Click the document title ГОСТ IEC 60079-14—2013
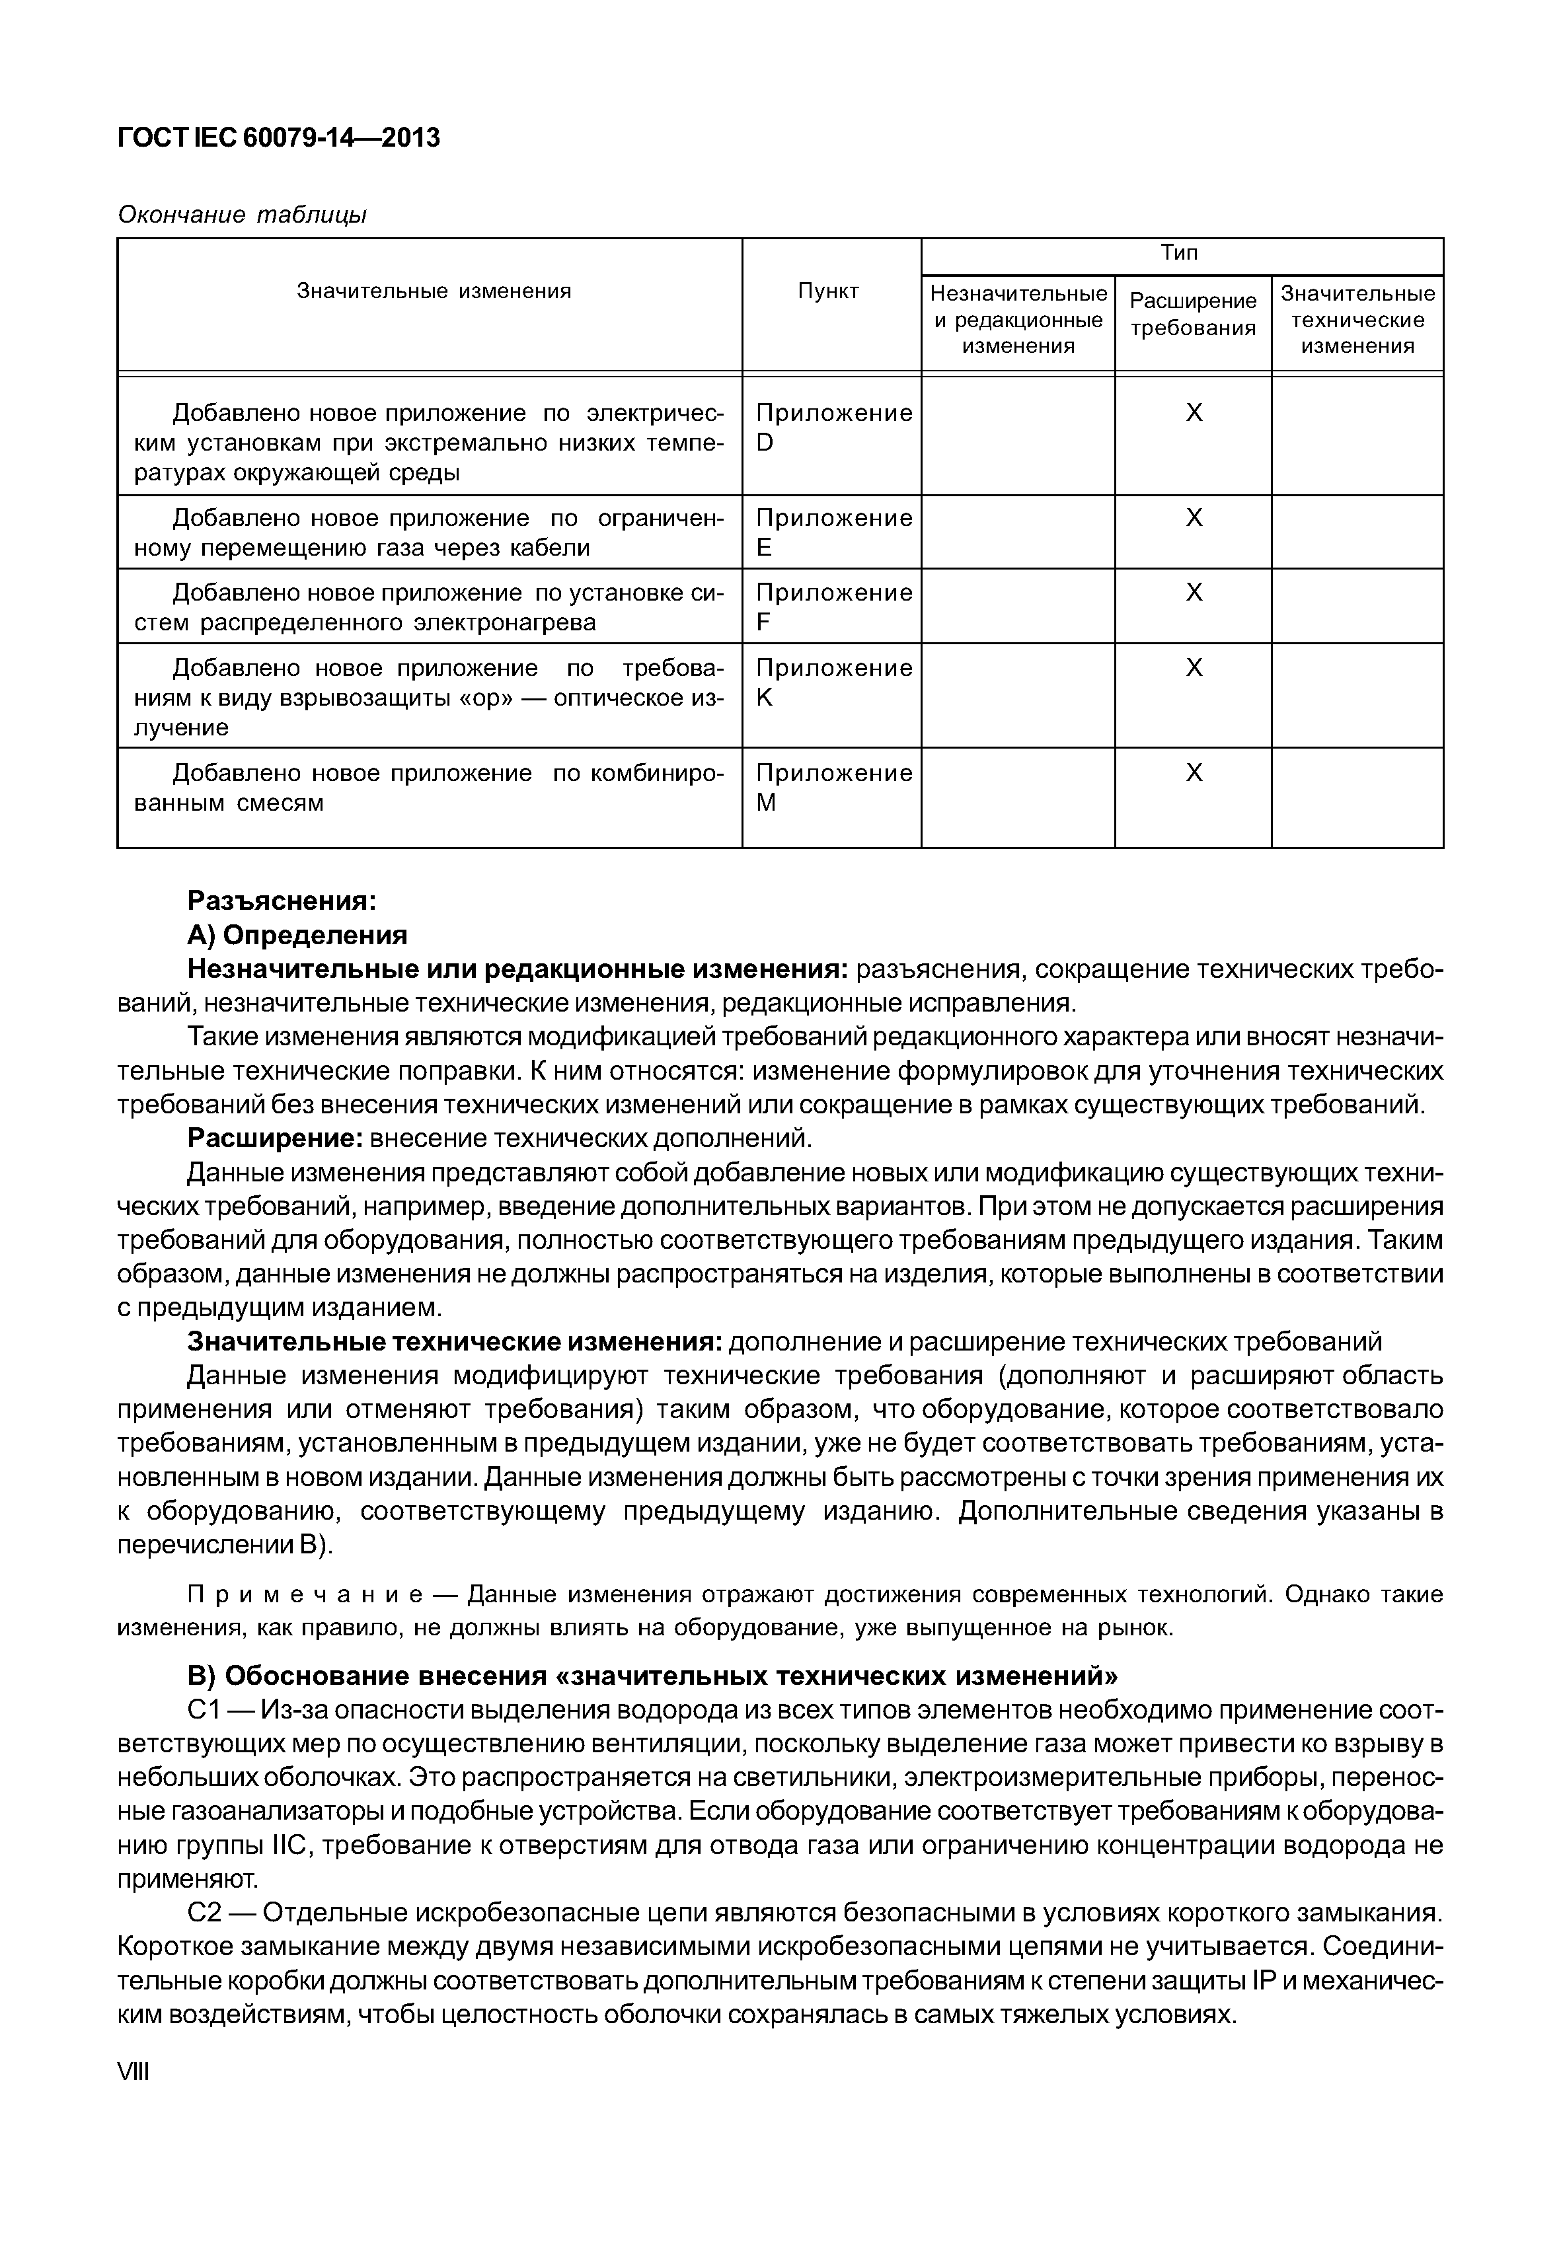tap(279, 138)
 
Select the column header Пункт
tap(829, 291)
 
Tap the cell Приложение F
tap(833, 607)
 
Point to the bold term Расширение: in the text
tap(276, 1138)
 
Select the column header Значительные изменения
tap(434, 291)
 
